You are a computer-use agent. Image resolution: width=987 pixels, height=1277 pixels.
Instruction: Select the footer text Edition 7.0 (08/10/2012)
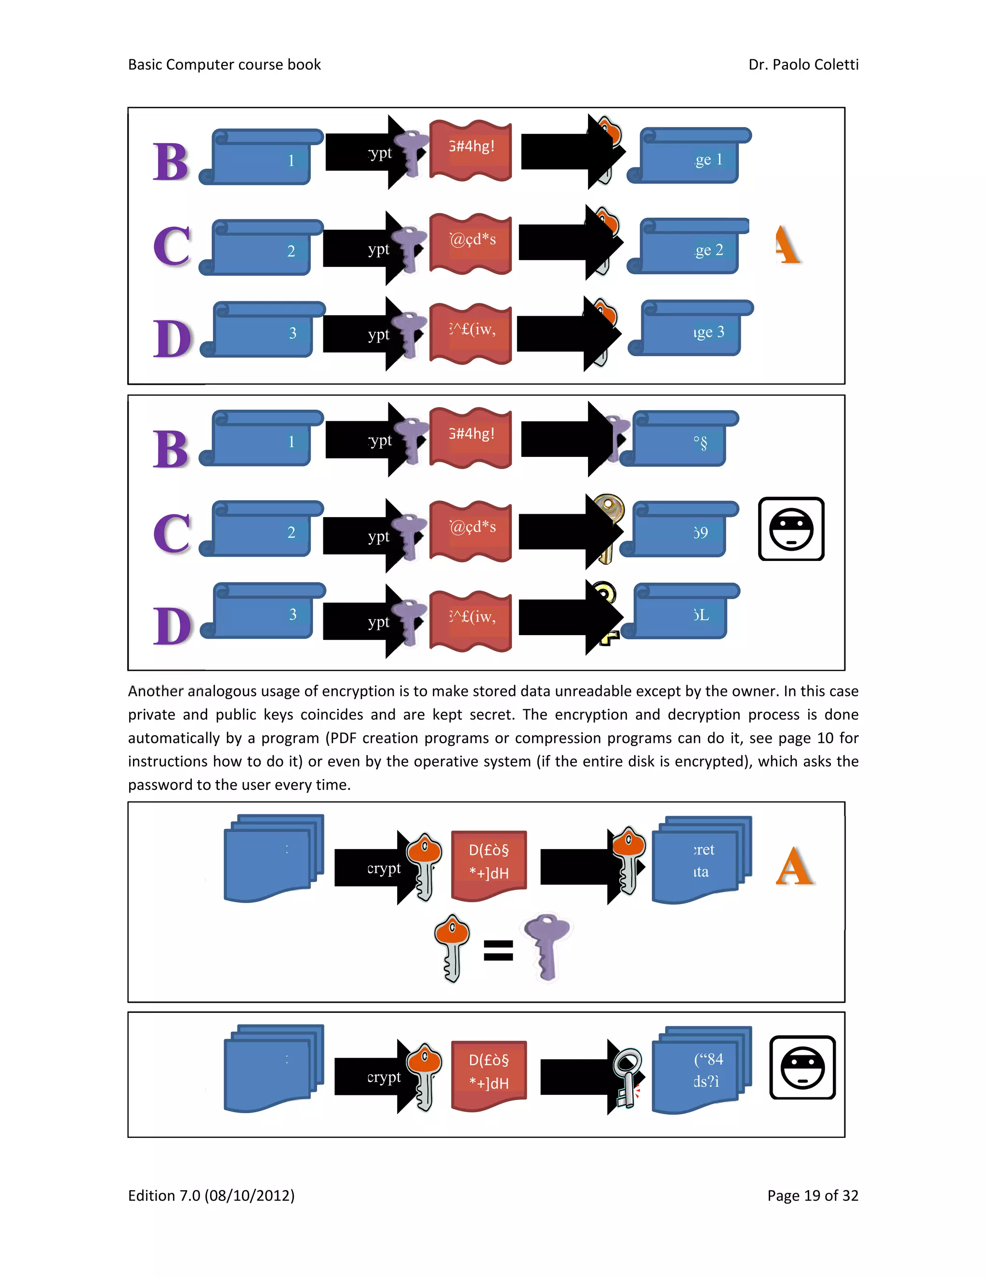(x=211, y=1195)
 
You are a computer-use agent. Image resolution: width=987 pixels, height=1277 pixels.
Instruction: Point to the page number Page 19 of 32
(x=812, y=1195)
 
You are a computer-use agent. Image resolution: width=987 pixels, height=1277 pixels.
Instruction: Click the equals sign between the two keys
(x=498, y=950)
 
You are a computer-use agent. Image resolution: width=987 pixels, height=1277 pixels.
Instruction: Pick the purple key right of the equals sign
(x=547, y=946)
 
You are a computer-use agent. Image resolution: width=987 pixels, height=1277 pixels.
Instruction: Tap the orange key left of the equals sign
(x=452, y=947)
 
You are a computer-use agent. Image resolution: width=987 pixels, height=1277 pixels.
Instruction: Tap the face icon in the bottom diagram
(x=802, y=1068)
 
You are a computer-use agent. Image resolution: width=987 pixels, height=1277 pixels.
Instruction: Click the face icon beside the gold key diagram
(x=791, y=529)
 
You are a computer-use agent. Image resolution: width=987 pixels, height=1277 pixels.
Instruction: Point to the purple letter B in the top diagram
(x=171, y=161)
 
